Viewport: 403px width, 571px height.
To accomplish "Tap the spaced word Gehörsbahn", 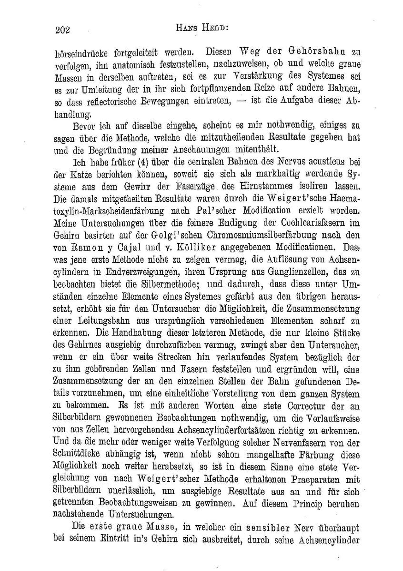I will tap(319, 51).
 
